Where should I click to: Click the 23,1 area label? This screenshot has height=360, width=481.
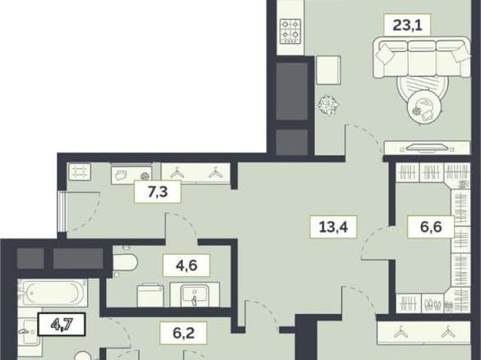coord(407,25)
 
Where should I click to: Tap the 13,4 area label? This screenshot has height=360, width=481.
coord(333,227)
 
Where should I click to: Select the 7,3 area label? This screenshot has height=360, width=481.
coord(157,192)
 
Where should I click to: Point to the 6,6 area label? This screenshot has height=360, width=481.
coord(431,227)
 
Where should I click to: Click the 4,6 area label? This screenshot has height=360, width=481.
coord(186,265)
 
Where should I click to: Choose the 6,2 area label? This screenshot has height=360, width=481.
coord(183,333)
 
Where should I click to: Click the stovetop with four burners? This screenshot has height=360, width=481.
coord(290,31)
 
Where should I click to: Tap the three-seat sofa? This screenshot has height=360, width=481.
coord(422,57)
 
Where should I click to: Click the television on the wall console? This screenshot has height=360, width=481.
coord(427,148)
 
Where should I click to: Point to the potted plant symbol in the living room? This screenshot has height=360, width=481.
coord(328,106)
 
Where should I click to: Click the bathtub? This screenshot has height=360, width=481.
coord(53,293)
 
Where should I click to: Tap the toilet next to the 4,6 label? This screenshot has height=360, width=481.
coord(125,263)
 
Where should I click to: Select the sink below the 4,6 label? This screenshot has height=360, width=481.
coord(195,295)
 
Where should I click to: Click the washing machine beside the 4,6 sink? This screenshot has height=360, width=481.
coord(150,295)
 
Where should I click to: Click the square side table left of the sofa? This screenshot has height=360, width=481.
coord(328,70)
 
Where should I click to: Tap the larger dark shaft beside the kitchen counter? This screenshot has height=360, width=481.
coord(292,91)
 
